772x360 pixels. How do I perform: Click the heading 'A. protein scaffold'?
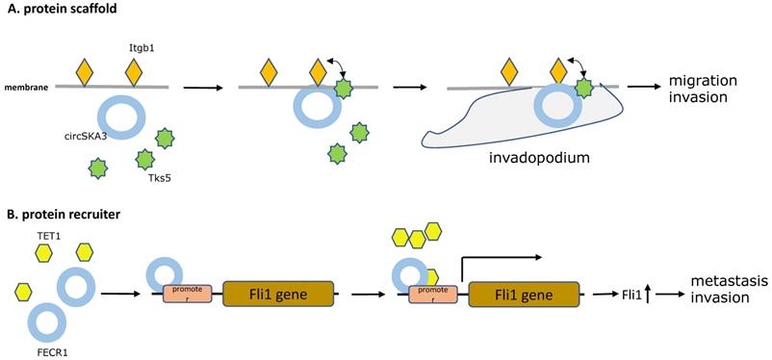pyautogui.click(x=59, y=10)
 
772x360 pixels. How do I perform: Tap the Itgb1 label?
pyautogui.click(x=135, y=48)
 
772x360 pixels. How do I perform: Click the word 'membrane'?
pyautogui.click(x=26, y=88)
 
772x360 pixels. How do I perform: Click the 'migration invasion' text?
pyautogui.click(x=699, y=90)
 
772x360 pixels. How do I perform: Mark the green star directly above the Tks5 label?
pyautogui.click(x=144, y=159)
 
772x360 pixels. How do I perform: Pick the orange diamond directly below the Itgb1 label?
pyautogui.click(x=134, y=73)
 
